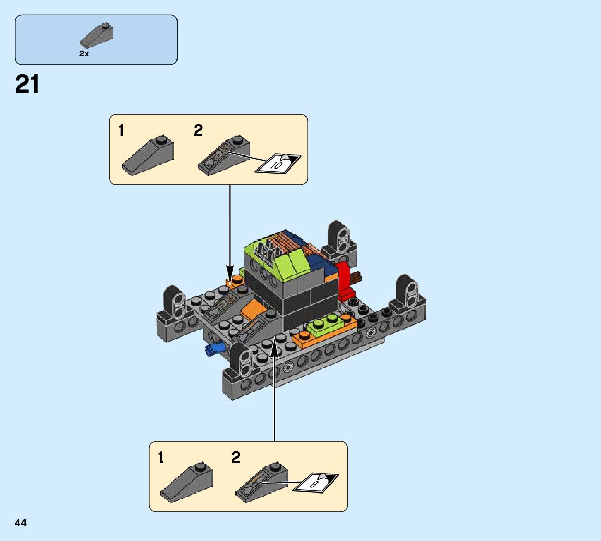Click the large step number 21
27,85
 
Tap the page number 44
21,523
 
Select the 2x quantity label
84,54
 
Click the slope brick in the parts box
97,35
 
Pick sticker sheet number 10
278,163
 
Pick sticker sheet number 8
316,483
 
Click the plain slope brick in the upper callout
148,155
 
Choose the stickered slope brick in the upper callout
225,156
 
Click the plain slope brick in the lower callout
186,482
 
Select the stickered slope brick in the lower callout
262,482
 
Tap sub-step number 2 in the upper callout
198,130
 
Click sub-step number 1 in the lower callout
161,458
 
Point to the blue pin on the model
214,349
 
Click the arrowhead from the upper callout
230,274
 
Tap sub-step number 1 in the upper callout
121,130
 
